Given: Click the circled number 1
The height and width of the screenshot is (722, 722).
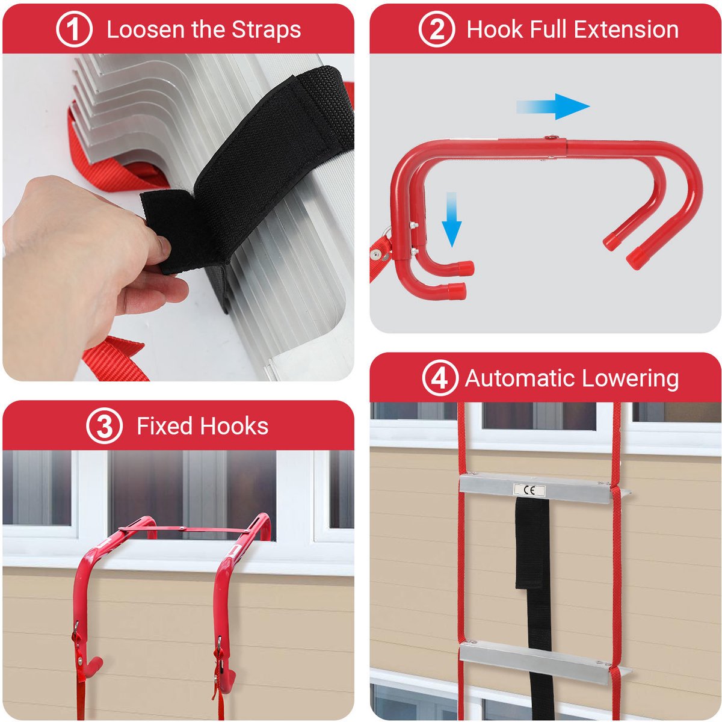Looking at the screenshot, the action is click(x=74, y=29).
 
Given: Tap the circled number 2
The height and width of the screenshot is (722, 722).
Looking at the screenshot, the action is click(x=436, y=29).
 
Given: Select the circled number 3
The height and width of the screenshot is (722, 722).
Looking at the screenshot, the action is click(x=104, y=425).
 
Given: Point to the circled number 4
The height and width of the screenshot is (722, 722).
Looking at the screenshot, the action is click(x=440, y=378).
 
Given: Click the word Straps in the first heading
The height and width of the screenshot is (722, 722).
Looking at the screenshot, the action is click(x=266, y=30).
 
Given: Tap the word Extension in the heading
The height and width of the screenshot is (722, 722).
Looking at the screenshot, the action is click(x=626, y=29).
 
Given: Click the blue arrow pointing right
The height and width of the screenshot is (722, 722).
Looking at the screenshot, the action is click(x=553, y=106).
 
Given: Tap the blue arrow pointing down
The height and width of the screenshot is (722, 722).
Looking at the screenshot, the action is click(x=452, y=220).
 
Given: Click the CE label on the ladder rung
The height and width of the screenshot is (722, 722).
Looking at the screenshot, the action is click(x=529, y=490).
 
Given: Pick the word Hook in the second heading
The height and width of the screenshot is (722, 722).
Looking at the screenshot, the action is click(x=493, y=29).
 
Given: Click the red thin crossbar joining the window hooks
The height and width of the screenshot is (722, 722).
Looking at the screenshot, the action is click(x=185, y=529).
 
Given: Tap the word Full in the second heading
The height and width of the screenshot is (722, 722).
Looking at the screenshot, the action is click(x=547, y=29).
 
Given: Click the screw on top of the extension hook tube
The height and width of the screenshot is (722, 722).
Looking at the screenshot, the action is click(x=550, y=138).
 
